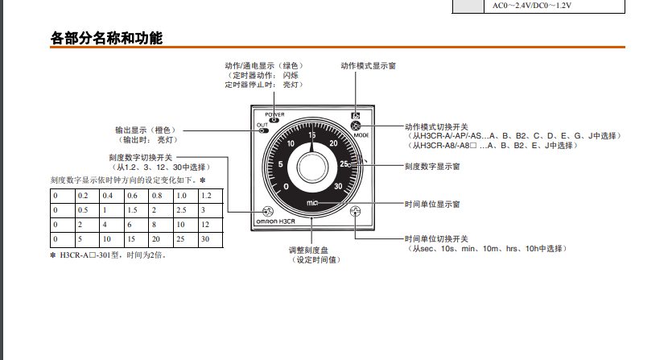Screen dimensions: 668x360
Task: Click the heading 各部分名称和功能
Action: (106, 38)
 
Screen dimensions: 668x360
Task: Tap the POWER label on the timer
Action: (274, 114)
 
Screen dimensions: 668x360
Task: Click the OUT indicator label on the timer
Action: (262, 125)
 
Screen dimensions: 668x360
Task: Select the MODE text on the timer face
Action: (361, 135)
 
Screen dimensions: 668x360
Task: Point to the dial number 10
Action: (291, 143)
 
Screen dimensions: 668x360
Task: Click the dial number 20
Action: (333, 143)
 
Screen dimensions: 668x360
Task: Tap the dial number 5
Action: (280, 164)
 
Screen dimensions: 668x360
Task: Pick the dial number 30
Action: (338, 186)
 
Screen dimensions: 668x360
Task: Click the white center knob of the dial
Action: (312, 168)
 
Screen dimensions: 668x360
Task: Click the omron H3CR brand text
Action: (275, 221)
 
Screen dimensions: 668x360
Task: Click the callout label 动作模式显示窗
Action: (368, 66)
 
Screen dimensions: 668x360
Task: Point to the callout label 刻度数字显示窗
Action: (432, 167)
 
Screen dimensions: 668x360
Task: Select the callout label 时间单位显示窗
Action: (432, 205)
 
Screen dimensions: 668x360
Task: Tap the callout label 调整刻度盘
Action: (308, 250)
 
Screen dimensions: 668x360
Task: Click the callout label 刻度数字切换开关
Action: (141, 158)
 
